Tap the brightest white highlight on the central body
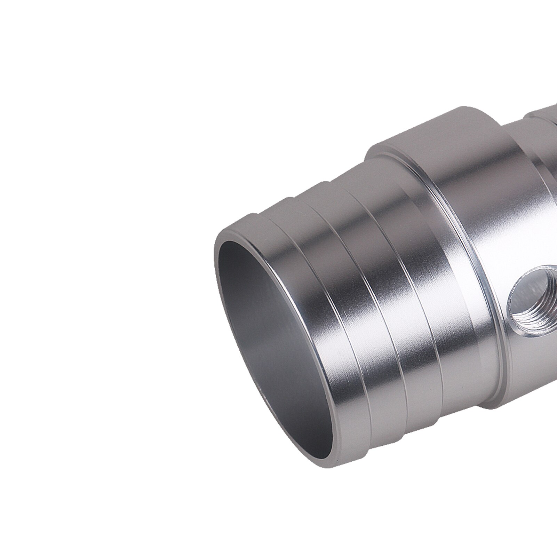[x=487, y=264]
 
